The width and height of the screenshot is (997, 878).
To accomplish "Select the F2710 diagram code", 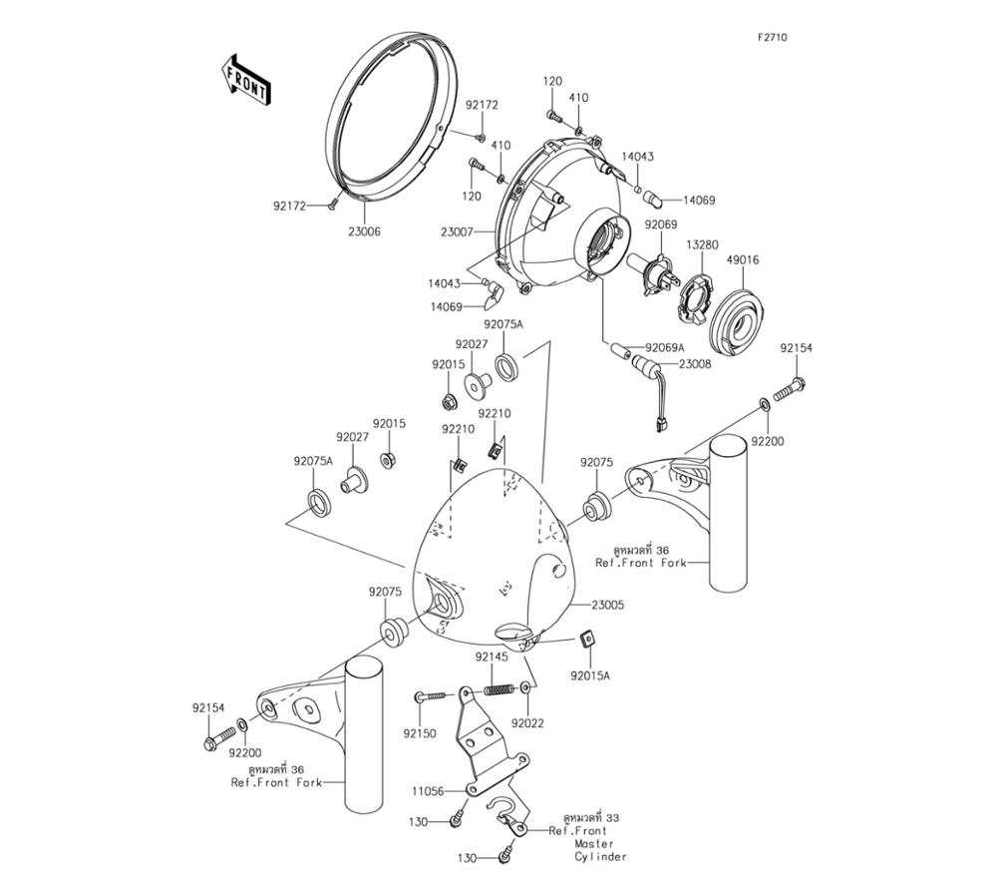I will (x=772, y=38).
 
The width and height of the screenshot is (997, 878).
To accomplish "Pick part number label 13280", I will (x=702, y=244).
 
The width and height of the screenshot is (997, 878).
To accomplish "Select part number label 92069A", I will (x=664, y=347).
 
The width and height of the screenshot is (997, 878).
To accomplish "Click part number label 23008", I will (x=696, y=365).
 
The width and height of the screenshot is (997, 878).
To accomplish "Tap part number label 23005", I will (x=609, y=605).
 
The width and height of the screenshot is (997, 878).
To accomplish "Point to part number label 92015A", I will (x=590, y=675).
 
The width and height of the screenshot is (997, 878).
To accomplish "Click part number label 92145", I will (x=491, y=657).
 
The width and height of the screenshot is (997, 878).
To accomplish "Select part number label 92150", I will (x=420, y=733).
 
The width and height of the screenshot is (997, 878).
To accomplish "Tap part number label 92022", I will (x=528, y=722).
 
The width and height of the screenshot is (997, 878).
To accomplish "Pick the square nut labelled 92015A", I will (x=587, y=641).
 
